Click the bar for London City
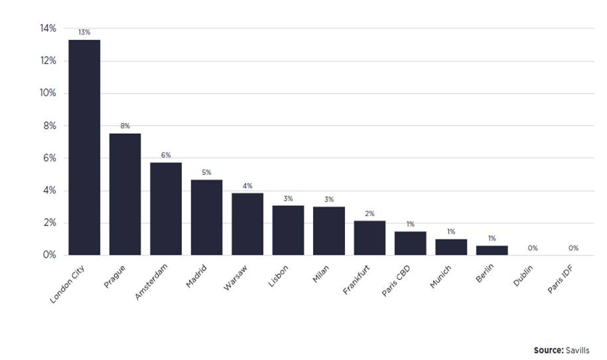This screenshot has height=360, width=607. coord(84,147)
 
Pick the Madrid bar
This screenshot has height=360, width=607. coord(206,217)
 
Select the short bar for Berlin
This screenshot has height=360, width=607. coord(492,251)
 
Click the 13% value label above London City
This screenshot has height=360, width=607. coord(84,32)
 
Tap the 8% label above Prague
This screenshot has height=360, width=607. coord(125,125)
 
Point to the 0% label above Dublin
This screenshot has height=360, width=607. coord(532,248)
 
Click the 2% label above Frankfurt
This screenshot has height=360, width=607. coord(370,213)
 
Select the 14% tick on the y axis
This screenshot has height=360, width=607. coord(48,29)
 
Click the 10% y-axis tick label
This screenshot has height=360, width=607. coord(48,93)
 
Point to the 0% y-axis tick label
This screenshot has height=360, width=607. coord(50,255)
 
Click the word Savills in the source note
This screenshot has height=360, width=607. coord(576,350)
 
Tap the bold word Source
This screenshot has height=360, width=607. coord(547,350)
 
